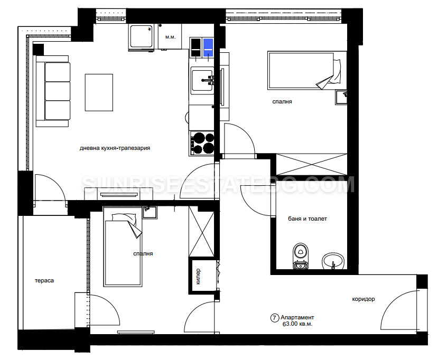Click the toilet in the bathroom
[x=301, y=256]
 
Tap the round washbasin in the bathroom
[x=333, y=261]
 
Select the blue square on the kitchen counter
[x=208, y=48]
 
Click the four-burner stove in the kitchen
[x=202, y=143]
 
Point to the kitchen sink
[x=202, y=81]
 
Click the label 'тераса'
[x=44, y=280]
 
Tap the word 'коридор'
[x=363, y=299]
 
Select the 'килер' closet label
[x=198, y=276]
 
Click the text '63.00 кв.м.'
[x=297, y=324]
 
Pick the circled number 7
[x=275, y=318]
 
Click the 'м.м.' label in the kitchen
[x=171, y=37]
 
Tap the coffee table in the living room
[x=99, y=92]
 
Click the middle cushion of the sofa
[x=58, y=91]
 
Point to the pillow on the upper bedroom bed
[x=337, y=71]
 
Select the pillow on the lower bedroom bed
[x=124, y=218]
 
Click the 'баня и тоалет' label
[x=307, y=219]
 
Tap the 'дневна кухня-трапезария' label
[x=115, y=148]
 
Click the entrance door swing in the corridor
[x=399, y=309]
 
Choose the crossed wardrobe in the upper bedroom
[x=312, y=164]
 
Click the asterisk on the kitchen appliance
[x=150, y=29]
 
